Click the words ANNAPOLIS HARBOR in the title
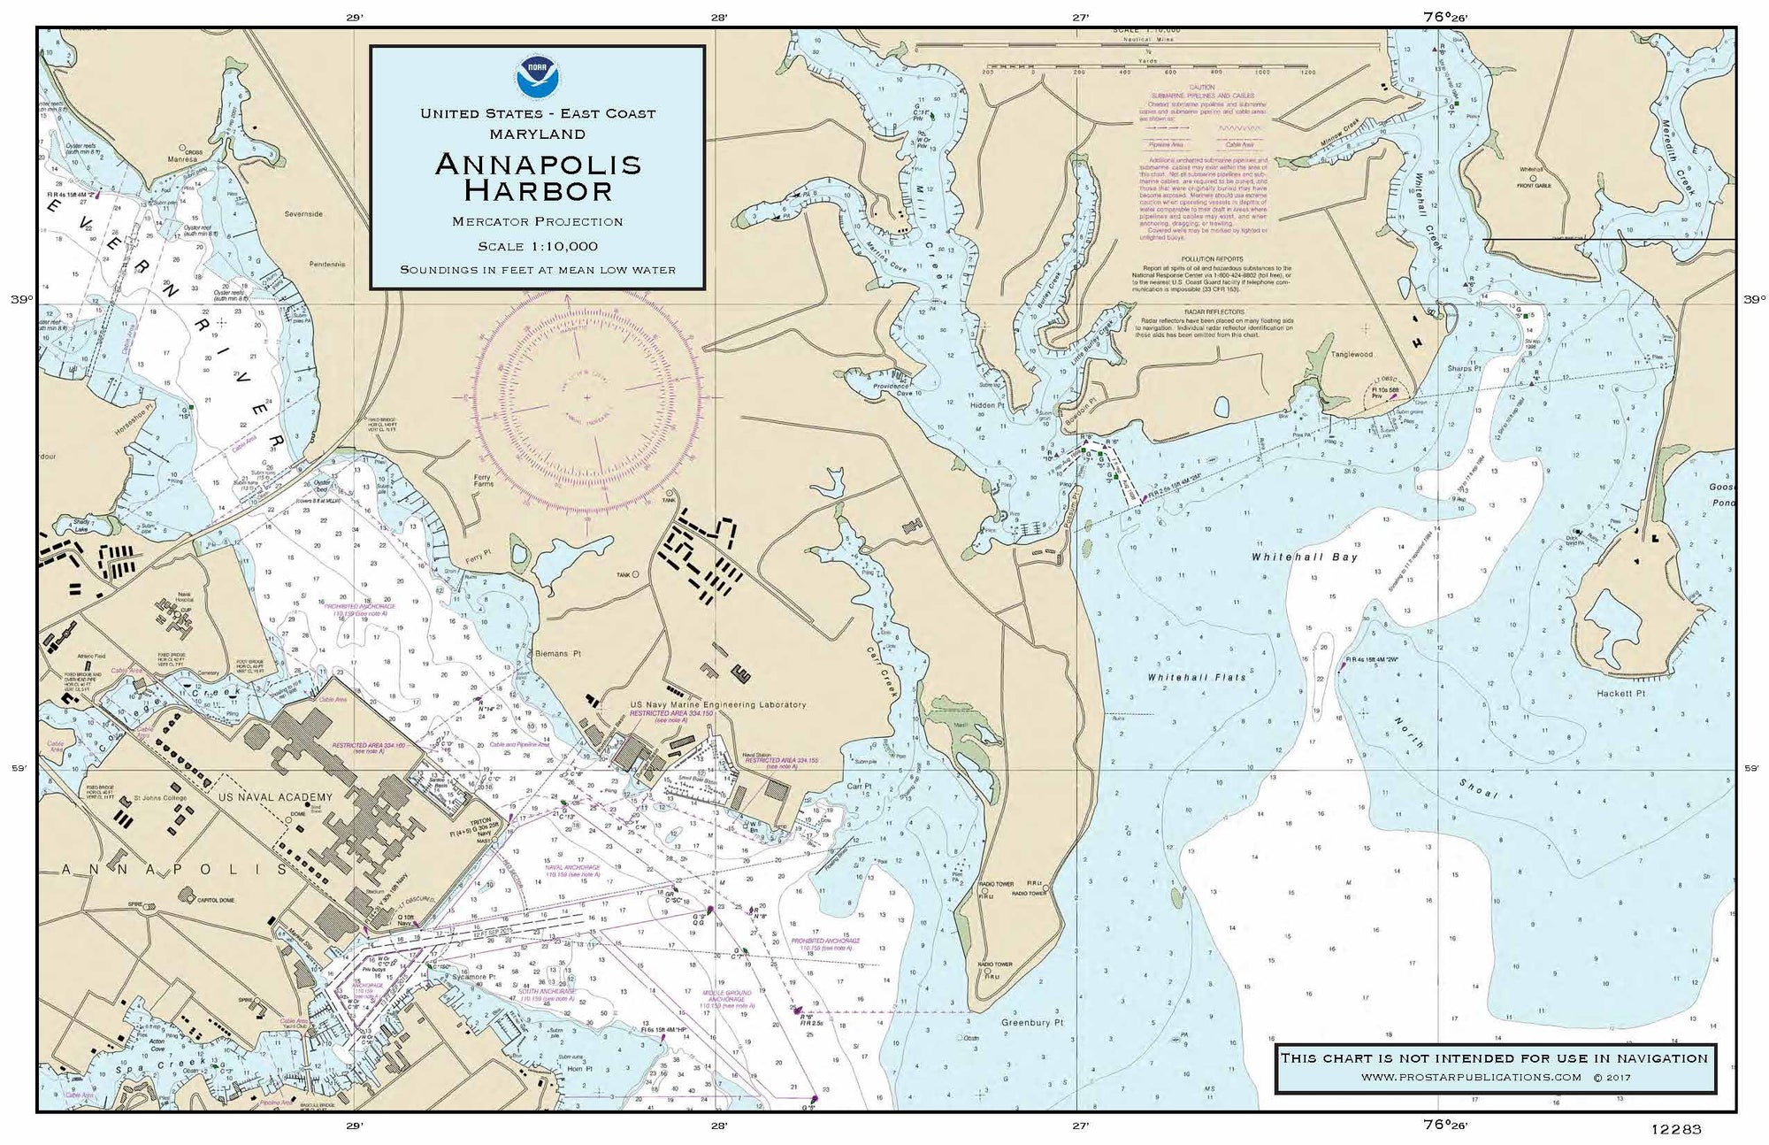point(537,177)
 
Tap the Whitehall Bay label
point(1304,557)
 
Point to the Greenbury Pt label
point(1031,1022)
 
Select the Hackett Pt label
point(1620,694)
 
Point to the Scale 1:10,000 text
point(537,246)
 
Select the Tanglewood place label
point(1352,354)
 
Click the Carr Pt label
point(859,785)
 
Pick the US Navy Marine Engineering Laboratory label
point(717,705)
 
